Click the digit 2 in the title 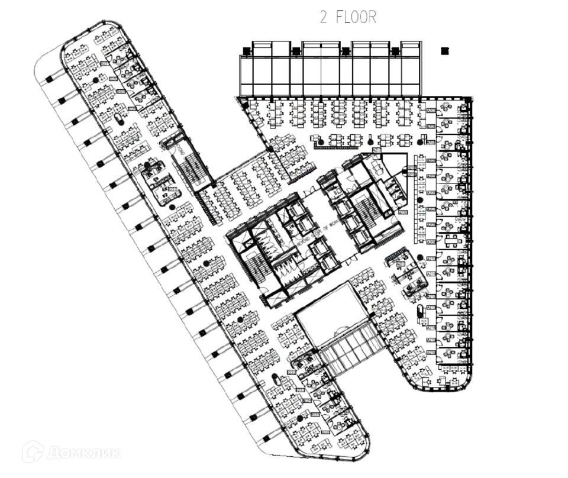pyautogui.click(x=324, y=17)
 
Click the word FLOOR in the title pyautogui.click(x=356, y=17)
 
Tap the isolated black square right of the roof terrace pyautogui.click(x=445, y=51)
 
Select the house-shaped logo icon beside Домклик pyautogui.click(x=34, y=453)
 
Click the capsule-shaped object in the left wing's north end pyautogui.click(x=120, y=119)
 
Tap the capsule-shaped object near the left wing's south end pyautogui.click(x=275, y=379)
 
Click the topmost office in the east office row pyautogui.click(x=449, y=109)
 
